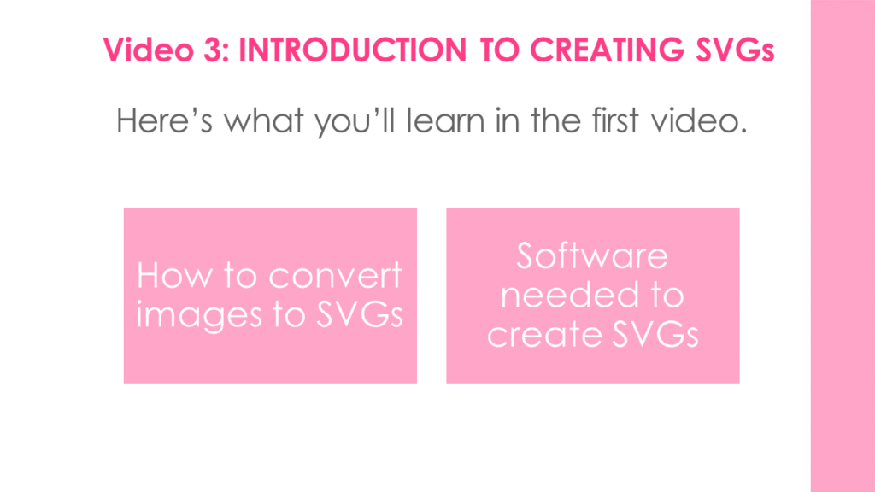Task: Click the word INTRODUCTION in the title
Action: [x=352, y=50]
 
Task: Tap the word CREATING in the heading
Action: [x=607, y=50]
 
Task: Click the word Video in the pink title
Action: [x=148, y=50]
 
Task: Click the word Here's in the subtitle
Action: [x=164, y=120]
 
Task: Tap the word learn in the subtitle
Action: [x=445, y=120]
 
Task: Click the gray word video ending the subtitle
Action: [x=699, y=120]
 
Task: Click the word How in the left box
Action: [x=174, y=276]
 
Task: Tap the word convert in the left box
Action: [x=335, y=276]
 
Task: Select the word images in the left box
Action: [x=198, y=316]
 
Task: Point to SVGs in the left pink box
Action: [x=360, y=314]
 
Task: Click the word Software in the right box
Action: [x=592, y=256]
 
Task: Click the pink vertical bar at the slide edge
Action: [x=843, y=246]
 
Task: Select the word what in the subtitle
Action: [x=264, y=120]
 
